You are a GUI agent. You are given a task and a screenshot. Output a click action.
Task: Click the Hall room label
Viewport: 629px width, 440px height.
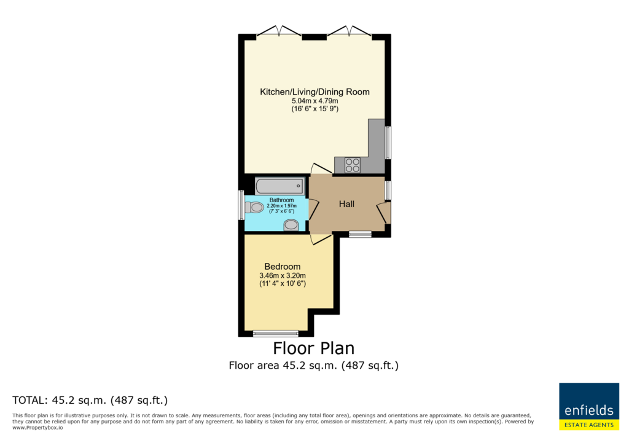coord(346,204)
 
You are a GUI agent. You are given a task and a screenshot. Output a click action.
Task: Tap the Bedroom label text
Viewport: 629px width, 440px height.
coord(283,267)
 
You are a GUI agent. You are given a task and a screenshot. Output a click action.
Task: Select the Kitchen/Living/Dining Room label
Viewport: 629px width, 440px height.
coord(315,92)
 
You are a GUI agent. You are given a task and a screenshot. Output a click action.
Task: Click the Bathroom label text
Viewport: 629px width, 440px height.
coord(281,200)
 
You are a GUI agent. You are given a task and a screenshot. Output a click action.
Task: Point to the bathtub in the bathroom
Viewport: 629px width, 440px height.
coord(279,186)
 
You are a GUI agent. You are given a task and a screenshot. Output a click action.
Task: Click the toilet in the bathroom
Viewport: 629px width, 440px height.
coord(254,208)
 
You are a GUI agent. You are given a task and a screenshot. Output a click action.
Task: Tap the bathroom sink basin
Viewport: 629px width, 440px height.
coord(291,225)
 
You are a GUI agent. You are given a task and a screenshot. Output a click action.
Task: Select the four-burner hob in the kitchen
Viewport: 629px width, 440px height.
coord(353,165)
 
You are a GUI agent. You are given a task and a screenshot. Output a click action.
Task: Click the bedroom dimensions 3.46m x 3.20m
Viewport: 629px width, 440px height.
coord(283,276)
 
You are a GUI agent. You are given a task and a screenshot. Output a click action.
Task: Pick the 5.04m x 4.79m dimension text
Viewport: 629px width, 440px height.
coord(315,101)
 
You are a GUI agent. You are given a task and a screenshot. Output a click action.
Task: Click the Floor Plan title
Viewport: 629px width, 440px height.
coord(314,348)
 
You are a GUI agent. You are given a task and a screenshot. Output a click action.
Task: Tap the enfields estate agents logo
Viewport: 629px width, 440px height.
coord(589,406)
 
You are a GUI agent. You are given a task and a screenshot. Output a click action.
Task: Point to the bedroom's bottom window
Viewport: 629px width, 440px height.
coord(276,333)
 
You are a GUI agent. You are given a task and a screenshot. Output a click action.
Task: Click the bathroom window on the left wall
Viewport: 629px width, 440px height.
coord(241,205)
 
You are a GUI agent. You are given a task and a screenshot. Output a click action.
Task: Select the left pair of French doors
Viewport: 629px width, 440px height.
coord(279,32)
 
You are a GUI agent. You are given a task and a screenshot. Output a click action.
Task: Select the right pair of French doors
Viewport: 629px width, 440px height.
coord(349,32)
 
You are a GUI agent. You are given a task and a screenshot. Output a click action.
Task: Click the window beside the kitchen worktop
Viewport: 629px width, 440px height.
coord(388,143)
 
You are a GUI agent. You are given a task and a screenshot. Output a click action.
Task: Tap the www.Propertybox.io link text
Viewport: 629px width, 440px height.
coord(37,428)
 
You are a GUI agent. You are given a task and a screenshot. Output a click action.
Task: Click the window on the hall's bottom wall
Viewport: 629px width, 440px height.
coord(360,235)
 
